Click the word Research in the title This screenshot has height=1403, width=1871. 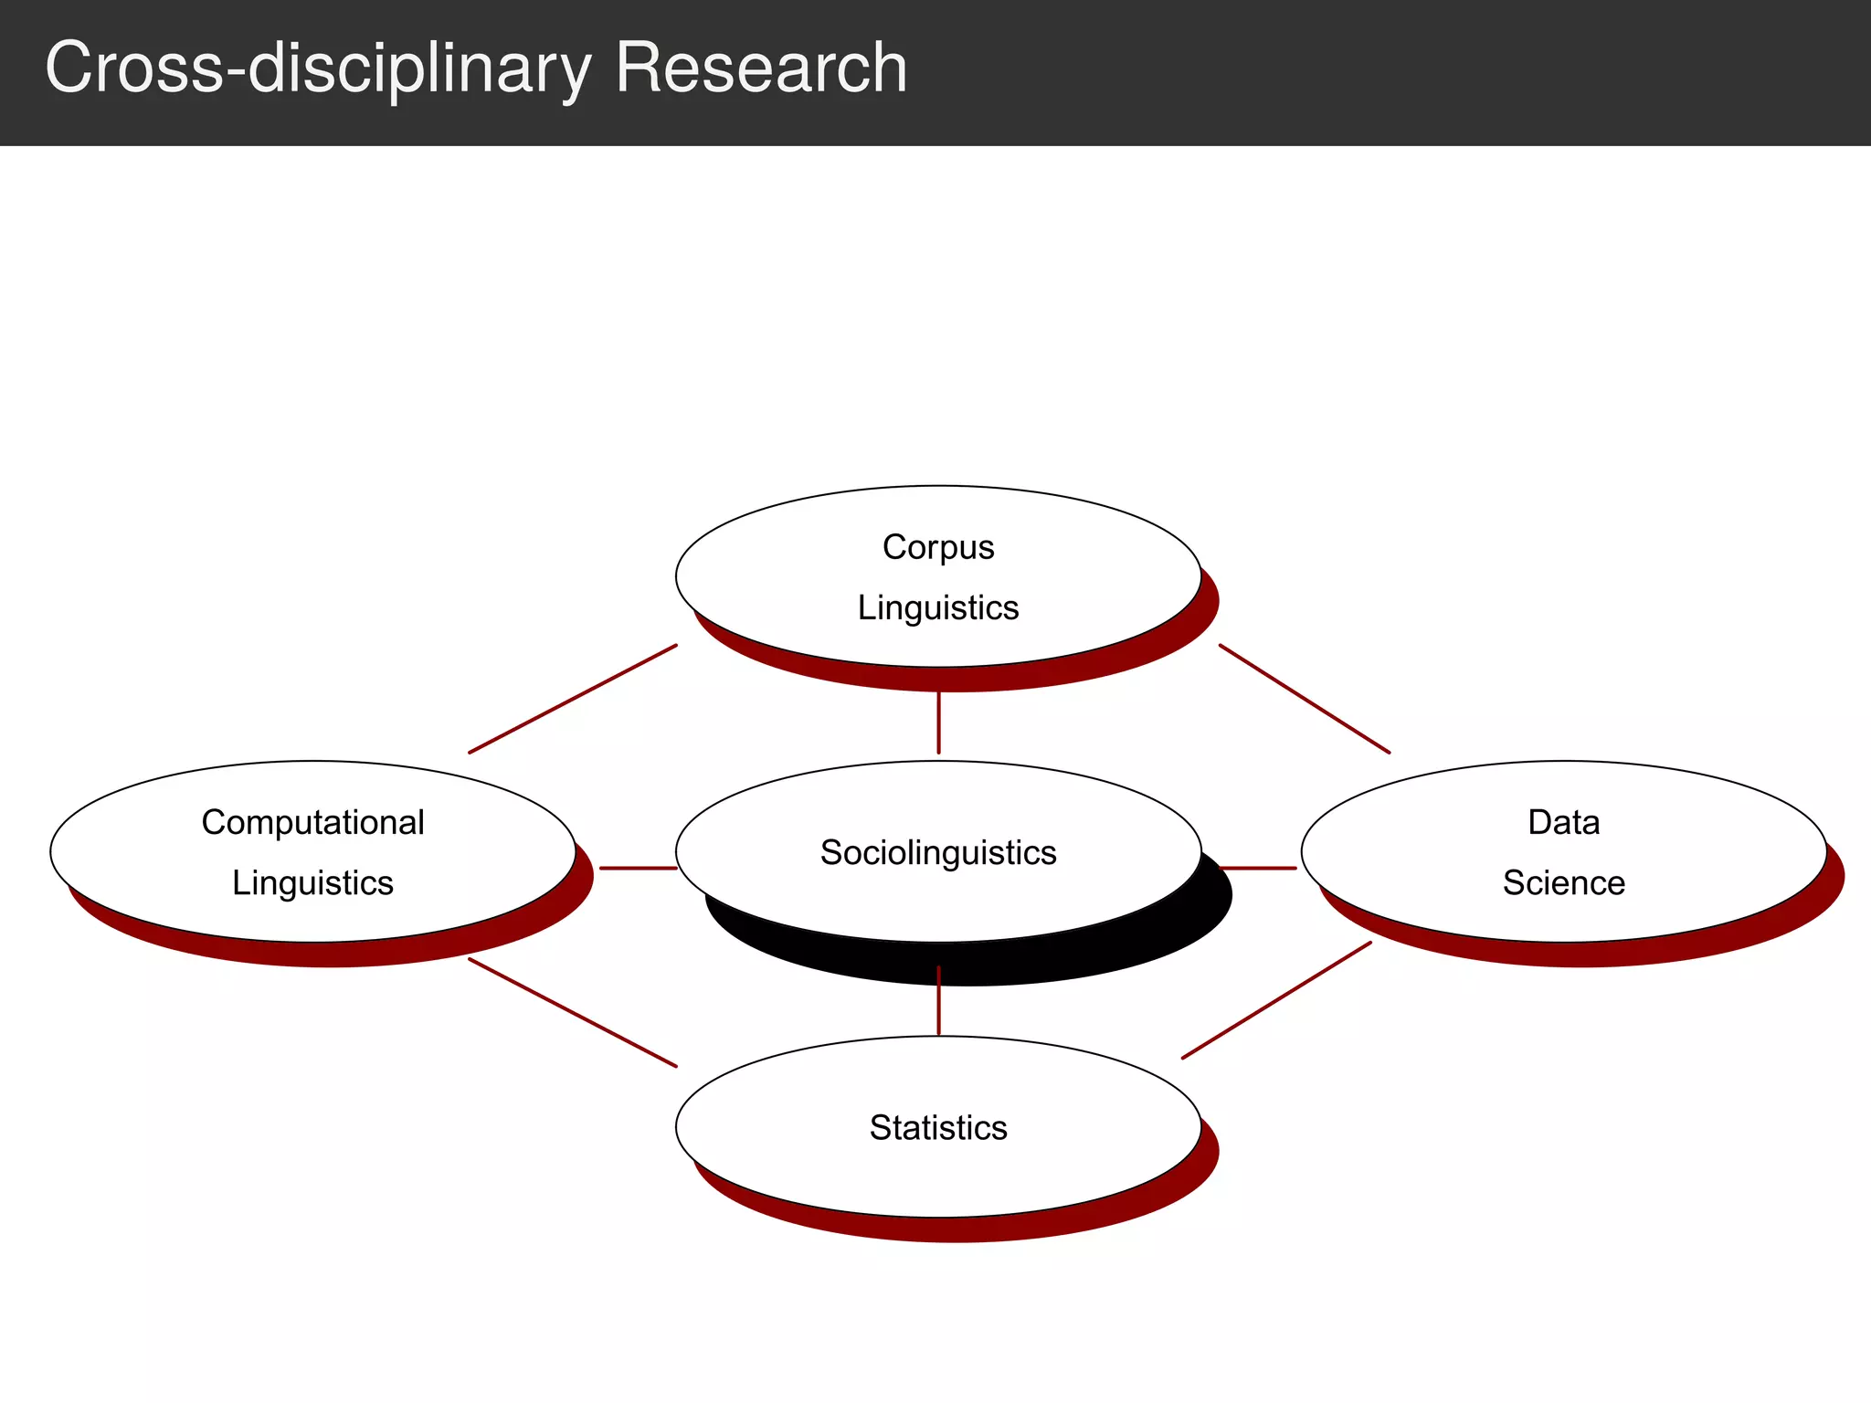(761, 68)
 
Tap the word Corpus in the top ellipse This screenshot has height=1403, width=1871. (938, 547)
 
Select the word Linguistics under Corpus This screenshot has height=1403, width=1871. (938, 608)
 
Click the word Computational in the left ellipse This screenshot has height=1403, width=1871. (312, 822)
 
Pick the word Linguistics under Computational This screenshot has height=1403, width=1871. (312, 883)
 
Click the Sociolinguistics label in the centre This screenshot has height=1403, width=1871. (938, 852)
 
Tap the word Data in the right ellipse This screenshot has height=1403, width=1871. (1563, 822)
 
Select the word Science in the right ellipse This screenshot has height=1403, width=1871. (1563, 883)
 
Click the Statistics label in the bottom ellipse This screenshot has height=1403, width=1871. (938, 1128)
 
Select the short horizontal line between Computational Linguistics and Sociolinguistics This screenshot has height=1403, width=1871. (638, 868)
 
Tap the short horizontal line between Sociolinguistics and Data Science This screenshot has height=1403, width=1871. (1258, 868)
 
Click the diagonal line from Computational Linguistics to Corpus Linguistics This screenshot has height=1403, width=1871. (573, 699)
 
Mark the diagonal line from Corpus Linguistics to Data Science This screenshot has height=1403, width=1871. (1305, 699)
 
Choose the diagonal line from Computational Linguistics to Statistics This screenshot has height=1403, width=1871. (573, 1012)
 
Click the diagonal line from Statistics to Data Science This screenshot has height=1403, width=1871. (1276, 1000)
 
